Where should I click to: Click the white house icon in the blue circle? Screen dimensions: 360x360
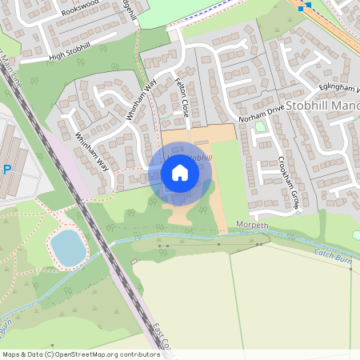click(x=180, y=172)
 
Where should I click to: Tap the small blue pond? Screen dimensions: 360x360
click(x=68, y=247)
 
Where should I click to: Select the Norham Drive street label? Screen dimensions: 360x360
click(x=262, y=112)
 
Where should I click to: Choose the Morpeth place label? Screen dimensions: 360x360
click(x=254, y=226)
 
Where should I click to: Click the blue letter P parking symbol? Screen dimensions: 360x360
click(x=6, y=170)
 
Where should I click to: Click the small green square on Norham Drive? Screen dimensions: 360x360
click(x=259, y=126)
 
